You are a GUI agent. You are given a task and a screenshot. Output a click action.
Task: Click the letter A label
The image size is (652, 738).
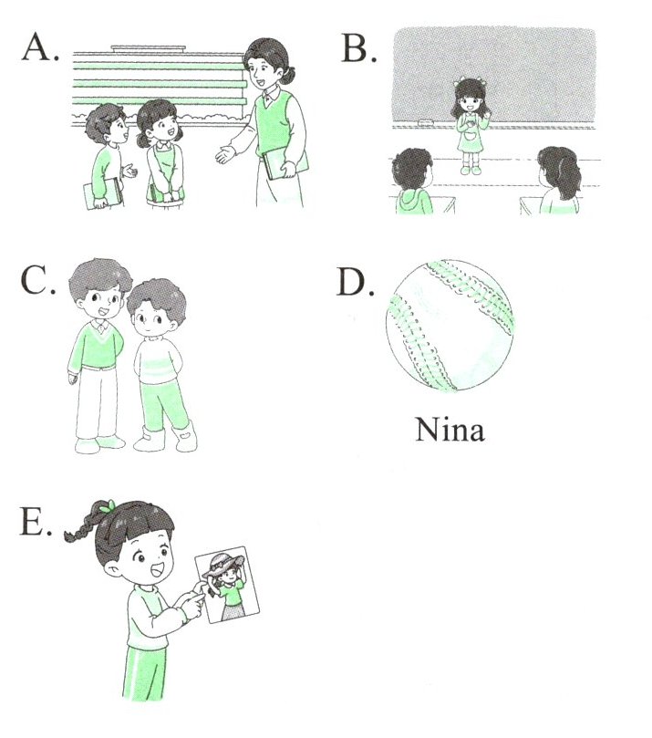pos(41,48)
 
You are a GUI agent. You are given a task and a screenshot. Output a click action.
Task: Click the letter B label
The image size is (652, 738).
pos(359,49)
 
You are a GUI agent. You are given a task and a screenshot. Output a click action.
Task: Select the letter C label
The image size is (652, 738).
pos(38,281)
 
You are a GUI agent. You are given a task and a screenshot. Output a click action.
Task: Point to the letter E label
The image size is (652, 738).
pos(36,522)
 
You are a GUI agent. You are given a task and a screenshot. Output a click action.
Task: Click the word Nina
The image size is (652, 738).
pos(450,431)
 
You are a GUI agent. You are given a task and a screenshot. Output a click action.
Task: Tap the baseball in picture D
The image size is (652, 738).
pos(450,326)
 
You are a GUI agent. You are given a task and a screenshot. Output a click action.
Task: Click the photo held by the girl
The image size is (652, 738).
pos(227,584)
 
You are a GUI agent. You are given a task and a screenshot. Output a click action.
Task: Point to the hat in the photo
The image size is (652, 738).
pos(223,563)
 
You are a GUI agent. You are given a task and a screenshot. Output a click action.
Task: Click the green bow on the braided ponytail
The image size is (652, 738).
pos(108,506)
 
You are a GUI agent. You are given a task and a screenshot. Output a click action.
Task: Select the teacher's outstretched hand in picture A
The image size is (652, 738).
pos(225,153)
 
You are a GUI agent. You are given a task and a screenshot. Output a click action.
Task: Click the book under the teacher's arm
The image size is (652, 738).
pos(285,162)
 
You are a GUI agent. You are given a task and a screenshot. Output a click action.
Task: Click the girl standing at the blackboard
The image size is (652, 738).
pos(471,126)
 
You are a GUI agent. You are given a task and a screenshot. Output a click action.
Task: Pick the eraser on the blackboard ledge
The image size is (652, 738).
pos(425,122)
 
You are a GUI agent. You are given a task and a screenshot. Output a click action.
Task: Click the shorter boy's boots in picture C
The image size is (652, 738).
pos(166,437)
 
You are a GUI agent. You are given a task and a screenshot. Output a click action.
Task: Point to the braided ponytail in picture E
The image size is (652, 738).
pos(83,524)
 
